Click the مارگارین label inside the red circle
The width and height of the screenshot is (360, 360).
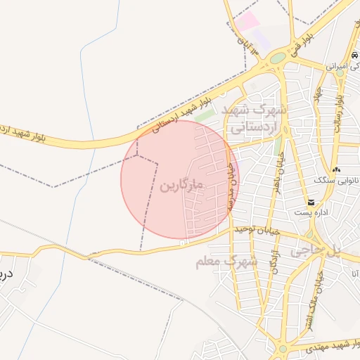(x=182, y=186)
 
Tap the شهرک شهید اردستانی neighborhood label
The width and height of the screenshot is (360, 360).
(x=254, y=120)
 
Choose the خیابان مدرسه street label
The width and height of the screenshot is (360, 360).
(x=230, y=187)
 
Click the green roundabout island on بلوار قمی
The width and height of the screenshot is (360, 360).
(x=278, y=58)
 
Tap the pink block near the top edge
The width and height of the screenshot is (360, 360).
(x=246, y=20)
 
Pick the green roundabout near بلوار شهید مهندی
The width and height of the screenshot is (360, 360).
(x=283, y=349)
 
